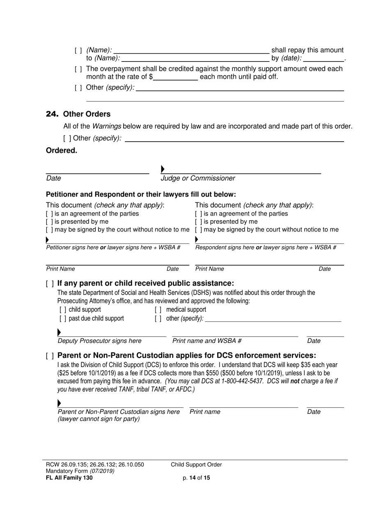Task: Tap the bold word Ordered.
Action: pos(62,151)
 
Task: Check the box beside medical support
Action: pos(158,310)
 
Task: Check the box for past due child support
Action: pos(62,319)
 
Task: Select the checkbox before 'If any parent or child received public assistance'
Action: pos(50,284)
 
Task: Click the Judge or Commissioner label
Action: pos(198,178)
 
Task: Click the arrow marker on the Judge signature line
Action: pos(163,169)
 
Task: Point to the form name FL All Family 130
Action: pos(69,477)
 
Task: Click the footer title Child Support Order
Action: pos(196,465)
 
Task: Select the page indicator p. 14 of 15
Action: pos(197,477)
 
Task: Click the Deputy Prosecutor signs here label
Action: pos(100,341)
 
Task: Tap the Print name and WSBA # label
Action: pos(207,341)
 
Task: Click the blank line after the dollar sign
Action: pos(175,77)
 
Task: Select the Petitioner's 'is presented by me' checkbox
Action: pos(49,222)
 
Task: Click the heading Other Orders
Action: pos(87,114)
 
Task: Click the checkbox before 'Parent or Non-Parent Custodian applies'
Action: pos(50,356)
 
